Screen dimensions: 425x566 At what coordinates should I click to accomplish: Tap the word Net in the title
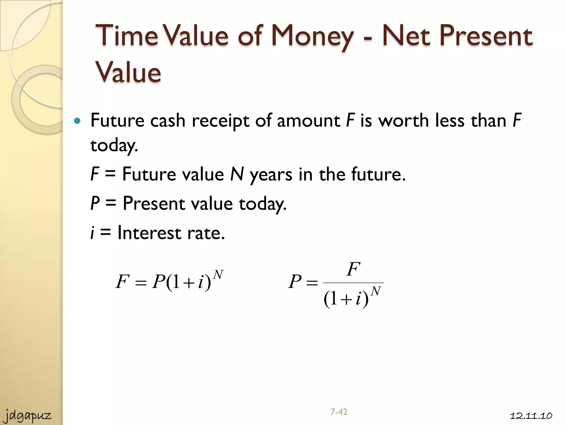pyautogui.click(x=406, y=36)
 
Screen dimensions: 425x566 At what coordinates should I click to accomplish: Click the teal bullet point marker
pyautogui.click(x=77, y=121)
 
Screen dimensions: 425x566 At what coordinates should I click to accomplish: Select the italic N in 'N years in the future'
pyautogui.click(x=237, y=174)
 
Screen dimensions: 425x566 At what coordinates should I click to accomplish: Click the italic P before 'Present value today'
pyautogui.click(x=95, y=203)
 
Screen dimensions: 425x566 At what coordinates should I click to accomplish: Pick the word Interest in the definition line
pyautogui.click(x=150, y=232)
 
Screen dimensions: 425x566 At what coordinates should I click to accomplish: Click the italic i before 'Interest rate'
pyautogui.click(x=93, y=233)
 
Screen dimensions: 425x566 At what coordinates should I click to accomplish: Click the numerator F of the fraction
pyautogui.click(x=353, y=269)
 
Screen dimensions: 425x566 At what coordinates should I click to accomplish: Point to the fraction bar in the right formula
pyautogui.click(x=353, y=283)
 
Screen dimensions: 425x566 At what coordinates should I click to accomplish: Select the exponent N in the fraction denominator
pyautogui.click(x=376, y=291)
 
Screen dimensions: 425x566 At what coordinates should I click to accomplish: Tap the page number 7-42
pyautogui.click(x=339, y=412)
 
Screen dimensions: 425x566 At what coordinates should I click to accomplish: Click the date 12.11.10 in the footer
pyautogui.click(x=531, y=416)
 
